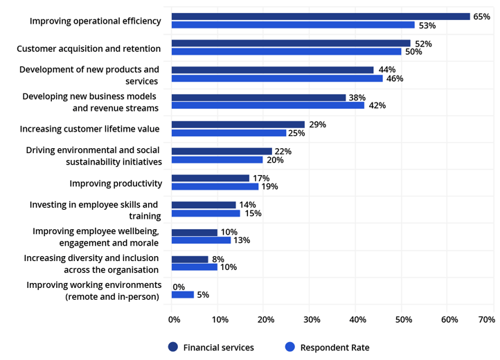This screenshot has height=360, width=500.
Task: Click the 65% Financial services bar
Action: pyautogui.click(x=320, y=16)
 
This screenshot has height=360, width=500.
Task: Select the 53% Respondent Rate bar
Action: pyautogui.click(x=292, y=25)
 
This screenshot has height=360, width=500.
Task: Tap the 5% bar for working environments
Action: pyautogui.click(x=182, y=294)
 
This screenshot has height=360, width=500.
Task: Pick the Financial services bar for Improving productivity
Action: pyautogui.click(x=210, y=178)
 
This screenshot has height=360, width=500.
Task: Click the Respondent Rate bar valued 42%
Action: pyautogui.click(x=267, y=105)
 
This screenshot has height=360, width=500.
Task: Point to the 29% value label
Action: pyautogui.click(x=317, y=124)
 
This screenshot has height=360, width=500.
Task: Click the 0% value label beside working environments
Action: pyautogui.click(x=179, y=286)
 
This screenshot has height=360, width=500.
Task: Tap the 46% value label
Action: pyautogui.click(x=395, y=78)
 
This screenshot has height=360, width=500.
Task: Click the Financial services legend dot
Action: pyautogui.click(x=172, y=347)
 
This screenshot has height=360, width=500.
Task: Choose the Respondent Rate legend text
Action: pyautogui.click(x=334, y=347)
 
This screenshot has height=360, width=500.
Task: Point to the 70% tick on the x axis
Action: pyautogui.click(x=486, y=319)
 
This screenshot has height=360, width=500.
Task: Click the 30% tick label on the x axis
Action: pyautogui.click(x=312, y=319)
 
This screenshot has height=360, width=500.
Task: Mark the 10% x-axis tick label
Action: pyautogui.click(x=220, y=319)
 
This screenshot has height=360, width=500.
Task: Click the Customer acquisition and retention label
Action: pyautogui.click(x=89, y=48)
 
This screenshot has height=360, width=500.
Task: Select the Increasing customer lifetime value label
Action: pyautogui.click(x=89, y=129)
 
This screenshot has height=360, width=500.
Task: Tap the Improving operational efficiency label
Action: pyautogui.click(x=95, y=21)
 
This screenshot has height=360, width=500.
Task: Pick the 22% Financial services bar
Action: pyautogui.click(x=221, y=151)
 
